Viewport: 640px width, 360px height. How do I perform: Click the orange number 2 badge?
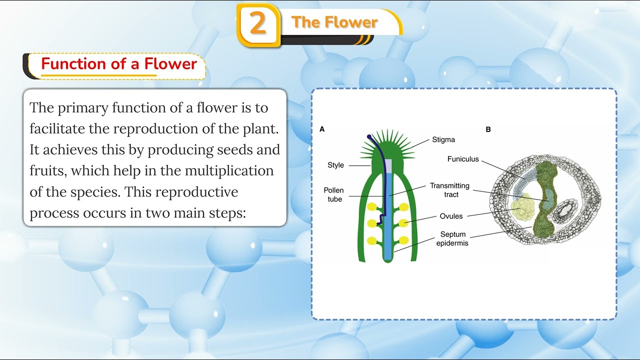(258, 24)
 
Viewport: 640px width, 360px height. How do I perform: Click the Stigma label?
(443, 140)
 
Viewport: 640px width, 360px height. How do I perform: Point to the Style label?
(335, 165)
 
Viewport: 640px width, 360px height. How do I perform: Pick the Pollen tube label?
(333, 194)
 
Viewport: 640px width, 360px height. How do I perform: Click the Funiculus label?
(463, 159)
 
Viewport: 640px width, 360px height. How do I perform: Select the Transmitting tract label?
(449, 190)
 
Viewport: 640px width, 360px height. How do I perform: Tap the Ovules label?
(451, 216)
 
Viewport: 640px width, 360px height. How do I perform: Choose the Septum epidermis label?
(452, 238)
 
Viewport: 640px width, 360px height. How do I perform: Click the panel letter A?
(322, 129)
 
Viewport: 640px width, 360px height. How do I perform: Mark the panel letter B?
(488, 129)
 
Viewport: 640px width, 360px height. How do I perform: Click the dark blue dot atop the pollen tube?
(369, 136)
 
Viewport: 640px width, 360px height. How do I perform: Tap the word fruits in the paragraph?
(47, 170)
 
